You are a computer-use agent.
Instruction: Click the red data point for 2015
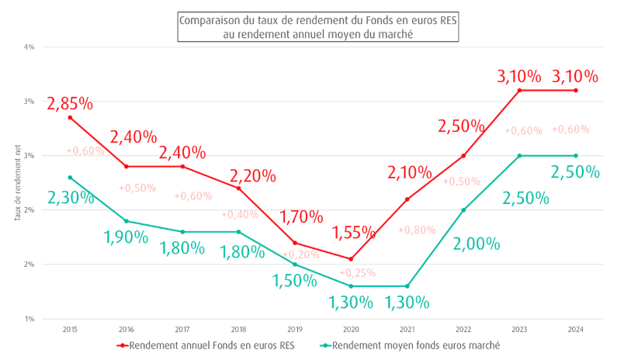[71, 117]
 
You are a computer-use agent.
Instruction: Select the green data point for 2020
[351, 286]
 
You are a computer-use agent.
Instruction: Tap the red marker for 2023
[519, 90]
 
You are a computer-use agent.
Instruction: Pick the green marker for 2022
[463, 209]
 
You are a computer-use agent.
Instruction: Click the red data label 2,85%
[70, 103]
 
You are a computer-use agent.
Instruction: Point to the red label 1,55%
[354, 231]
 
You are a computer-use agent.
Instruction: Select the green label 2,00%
[477, 244]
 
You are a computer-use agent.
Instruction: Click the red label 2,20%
[253, 175]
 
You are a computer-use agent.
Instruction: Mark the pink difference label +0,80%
[418, 230]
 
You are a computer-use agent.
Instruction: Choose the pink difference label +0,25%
[357, 272]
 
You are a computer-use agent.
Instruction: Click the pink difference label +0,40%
[240, 214]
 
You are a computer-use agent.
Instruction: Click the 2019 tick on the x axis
[295, 329]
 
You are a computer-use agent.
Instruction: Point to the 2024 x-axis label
[575, 329]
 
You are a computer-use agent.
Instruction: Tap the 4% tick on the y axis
[30, 47]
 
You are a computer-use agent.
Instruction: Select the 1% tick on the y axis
[30, 319]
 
